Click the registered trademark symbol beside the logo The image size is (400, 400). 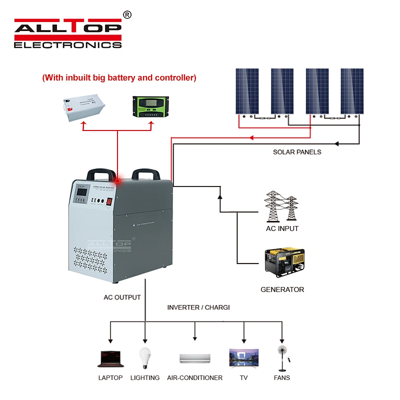point(127,15)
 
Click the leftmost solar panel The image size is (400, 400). point(247,91)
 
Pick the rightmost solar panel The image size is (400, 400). point(352,91)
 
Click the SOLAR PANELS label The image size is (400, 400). point(297,152)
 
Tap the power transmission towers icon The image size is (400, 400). point(280,206)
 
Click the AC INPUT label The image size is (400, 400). point(282,228)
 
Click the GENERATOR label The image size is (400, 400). point(282,289)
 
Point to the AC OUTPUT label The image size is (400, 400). point(122,297)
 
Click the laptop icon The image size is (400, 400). point(110,358)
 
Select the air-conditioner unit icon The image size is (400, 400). point(195,358)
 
